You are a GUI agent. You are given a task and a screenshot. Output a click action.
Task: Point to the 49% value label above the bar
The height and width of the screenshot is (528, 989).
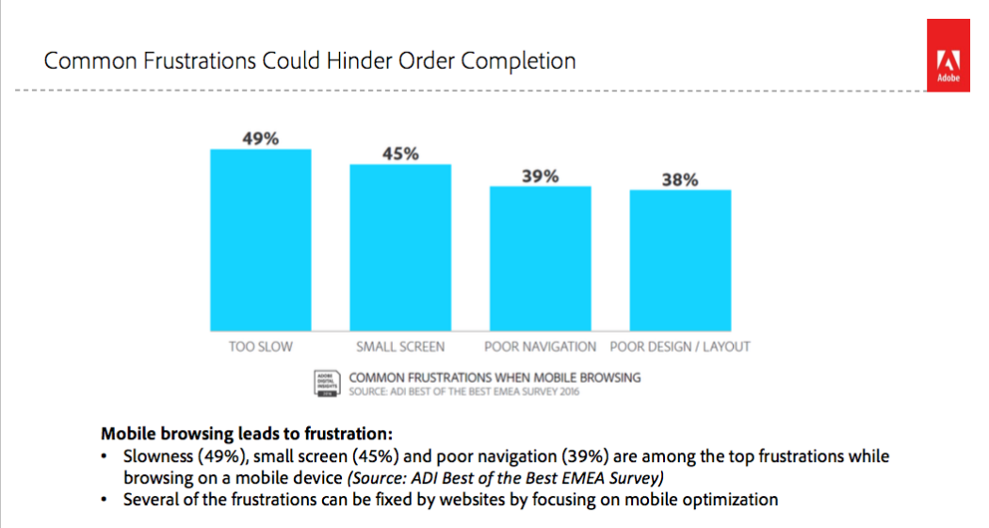(x=261, y=139)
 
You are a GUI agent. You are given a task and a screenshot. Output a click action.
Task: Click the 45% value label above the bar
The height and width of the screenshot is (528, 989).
(x=400, y=154)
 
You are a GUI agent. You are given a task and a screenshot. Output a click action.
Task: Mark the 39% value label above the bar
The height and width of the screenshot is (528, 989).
(x=540, y=176)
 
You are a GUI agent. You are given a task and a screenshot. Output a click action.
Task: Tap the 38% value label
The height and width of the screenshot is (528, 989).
(x=679, y=180)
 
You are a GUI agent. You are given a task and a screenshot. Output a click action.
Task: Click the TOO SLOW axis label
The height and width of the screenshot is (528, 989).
(x=261, y=346)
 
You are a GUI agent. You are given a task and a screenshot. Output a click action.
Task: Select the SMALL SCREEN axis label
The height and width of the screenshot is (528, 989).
(x=400, y=346)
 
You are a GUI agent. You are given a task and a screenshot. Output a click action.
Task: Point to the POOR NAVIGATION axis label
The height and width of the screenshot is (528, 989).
(x=540, y=346)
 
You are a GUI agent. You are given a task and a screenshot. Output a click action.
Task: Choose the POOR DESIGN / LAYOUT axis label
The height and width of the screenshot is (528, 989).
(x=680, y=346)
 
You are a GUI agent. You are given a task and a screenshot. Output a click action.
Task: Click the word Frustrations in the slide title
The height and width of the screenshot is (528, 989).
(x=209, y=62)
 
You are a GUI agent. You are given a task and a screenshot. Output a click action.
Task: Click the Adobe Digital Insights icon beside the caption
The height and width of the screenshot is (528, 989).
(x=326, y=383)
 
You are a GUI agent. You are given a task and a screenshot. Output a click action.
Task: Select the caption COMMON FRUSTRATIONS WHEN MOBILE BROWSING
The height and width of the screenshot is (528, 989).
(x=494, y=377)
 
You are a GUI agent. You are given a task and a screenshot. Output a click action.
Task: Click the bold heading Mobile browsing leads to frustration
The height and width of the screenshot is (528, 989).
(x=245, y=435)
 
